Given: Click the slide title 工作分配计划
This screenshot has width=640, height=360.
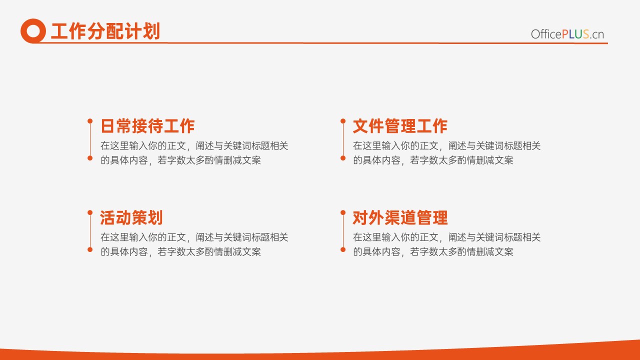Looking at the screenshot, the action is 105,31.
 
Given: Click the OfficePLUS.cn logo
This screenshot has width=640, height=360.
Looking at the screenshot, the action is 567,34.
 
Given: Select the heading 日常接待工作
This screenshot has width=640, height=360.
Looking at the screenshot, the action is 147,126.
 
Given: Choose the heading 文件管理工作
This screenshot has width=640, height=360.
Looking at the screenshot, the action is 400,126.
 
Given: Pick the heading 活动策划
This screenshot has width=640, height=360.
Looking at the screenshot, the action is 131,217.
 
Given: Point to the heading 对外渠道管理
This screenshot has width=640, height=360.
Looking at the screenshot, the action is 400,217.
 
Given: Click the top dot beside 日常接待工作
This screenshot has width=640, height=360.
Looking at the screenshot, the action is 90,121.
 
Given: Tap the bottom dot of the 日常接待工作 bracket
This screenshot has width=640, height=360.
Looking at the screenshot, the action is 90,158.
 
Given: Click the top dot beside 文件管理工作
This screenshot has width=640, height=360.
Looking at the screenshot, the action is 343,121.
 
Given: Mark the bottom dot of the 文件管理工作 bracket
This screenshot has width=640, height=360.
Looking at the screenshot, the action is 343,158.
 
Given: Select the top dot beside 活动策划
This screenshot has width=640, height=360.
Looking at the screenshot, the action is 90,212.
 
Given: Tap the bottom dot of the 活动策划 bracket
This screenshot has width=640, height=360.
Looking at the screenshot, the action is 90,249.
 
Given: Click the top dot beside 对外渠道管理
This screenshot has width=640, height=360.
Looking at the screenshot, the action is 343,212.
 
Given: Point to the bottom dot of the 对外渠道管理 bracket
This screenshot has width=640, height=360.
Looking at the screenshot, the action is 343,249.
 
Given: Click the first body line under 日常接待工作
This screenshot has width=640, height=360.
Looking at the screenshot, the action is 194,145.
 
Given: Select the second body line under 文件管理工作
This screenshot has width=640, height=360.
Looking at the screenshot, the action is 433,160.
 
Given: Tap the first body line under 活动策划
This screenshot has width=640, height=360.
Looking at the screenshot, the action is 194,237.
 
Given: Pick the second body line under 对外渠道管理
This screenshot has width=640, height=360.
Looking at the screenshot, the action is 433,251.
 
